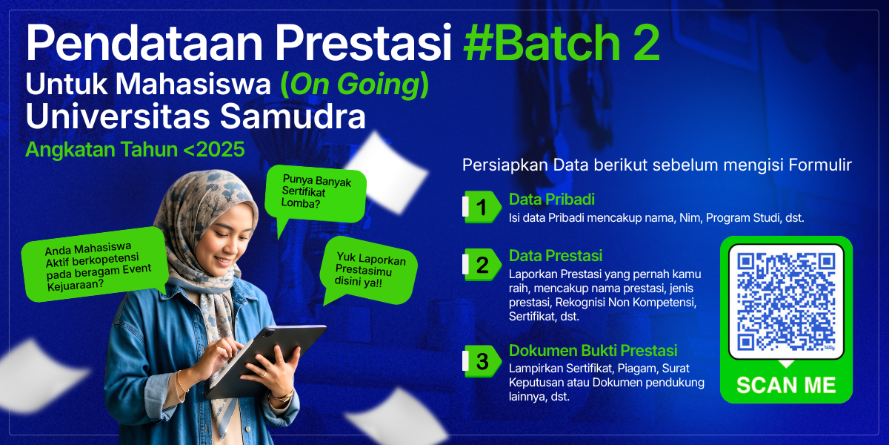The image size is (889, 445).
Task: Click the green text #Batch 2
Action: click(562, 42)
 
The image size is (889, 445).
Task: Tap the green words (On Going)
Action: click(354, 85)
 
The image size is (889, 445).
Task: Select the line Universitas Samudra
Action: click(196, 116)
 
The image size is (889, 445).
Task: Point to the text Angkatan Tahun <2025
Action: click(135, 149)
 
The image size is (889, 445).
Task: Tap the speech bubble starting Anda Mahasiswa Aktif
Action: click(96, 265)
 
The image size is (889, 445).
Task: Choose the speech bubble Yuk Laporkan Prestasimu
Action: click(368, 270)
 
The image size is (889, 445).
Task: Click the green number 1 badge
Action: click(482, 207)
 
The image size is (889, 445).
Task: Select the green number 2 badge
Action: click(482, 265)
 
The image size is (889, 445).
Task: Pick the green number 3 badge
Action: click(482, 361)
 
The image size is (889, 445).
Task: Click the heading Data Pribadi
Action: click(552, 200)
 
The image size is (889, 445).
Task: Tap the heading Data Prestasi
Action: click(556, 256)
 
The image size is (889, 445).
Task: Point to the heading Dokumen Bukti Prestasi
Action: click(593, 350)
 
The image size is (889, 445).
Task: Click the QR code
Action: click(786, 302)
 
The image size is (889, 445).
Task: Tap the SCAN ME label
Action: click(786, 385)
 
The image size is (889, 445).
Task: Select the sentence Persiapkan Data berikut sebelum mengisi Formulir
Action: click(657, 165)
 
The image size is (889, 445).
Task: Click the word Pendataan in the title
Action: click(144, 42)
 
